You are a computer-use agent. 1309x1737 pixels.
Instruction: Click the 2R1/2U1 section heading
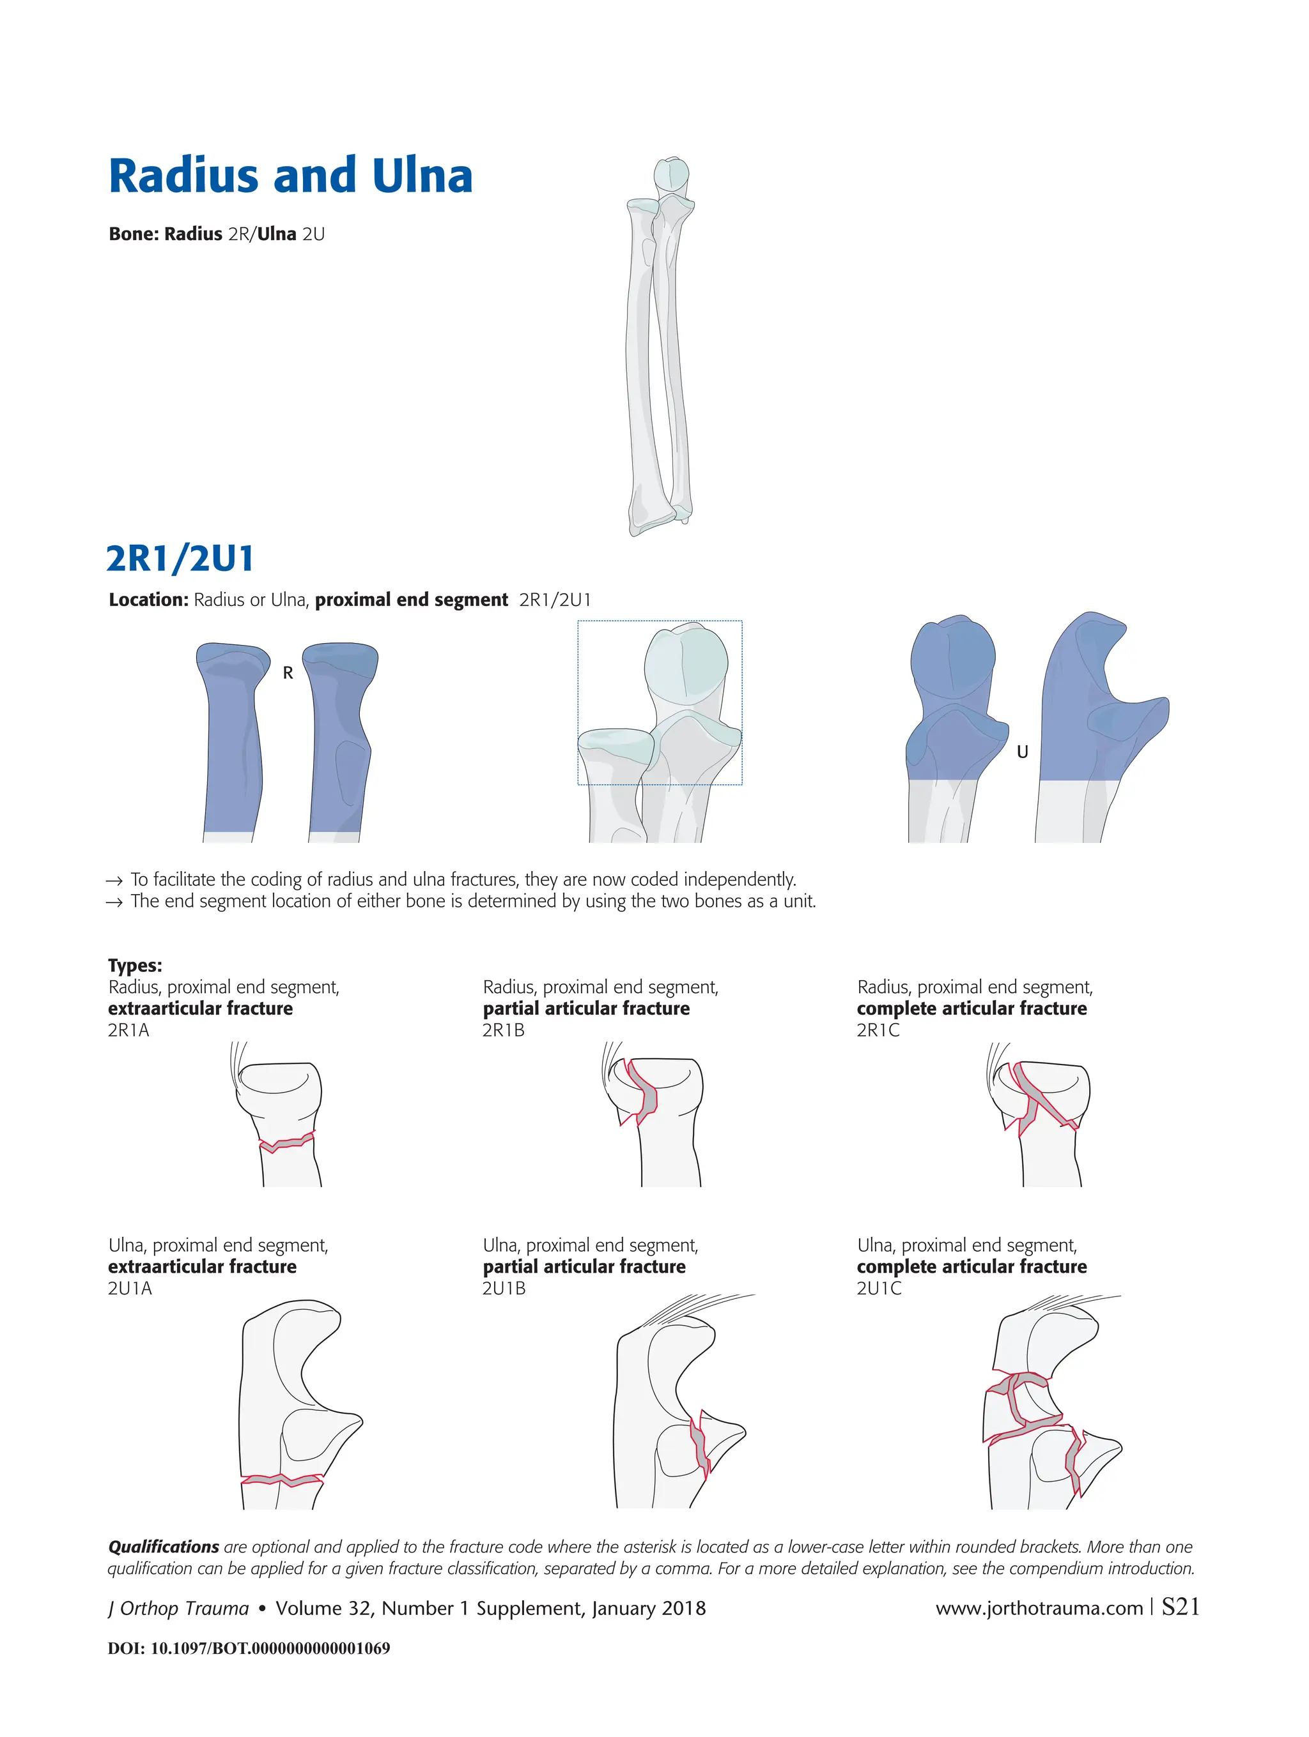coord(180,559)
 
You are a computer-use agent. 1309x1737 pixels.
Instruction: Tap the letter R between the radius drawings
coord(288,673)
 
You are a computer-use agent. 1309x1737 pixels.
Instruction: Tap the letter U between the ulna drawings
coord(1022,752)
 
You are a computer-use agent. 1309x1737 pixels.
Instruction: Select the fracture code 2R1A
coord(128,1030)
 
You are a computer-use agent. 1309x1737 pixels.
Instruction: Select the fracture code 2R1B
coord(503,1030)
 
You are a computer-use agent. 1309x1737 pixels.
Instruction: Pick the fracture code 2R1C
coord(878,1030)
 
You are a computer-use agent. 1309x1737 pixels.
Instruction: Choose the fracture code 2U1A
coord(130,1289)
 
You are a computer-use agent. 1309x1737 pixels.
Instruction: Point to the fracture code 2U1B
coord(504,1289)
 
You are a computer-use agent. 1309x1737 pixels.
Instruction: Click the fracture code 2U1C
coord(878,1289)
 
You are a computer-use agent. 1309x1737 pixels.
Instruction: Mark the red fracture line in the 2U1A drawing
coord(281,1480)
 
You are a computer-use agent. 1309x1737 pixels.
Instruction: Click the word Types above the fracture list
coord(135,965)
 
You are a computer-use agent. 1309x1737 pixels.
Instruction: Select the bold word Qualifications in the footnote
coord(164,1547)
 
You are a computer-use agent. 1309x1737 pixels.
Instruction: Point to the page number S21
coord(1180,1607)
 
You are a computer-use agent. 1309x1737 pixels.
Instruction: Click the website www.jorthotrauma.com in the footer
coord(1039,1608)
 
